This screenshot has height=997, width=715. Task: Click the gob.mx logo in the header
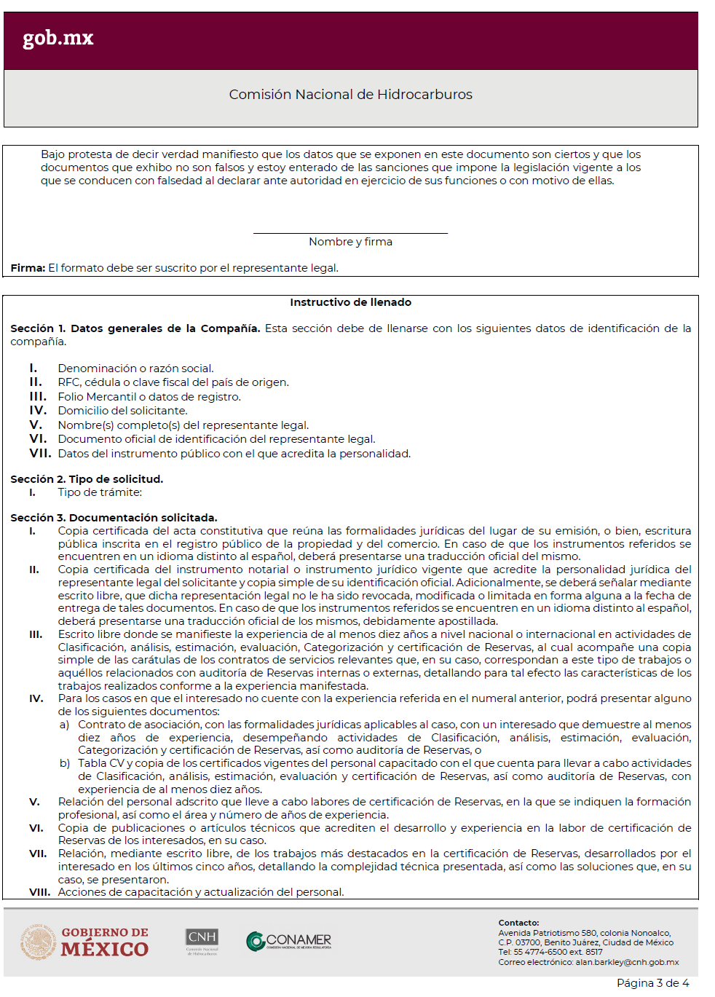tap(58, 38)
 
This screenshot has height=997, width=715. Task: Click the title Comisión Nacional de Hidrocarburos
tap(350, 95)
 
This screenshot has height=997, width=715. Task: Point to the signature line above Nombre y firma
tap(350, 233)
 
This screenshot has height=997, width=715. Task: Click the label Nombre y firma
tap(350, 242)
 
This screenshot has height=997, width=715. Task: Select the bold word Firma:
tap(28, 268)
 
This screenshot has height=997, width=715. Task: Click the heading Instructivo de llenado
tap(350, 302)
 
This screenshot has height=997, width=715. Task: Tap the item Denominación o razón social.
tap(135, 369)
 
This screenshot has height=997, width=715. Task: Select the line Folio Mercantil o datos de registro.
tap(149, 397)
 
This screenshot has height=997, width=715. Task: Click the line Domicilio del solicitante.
tap(122, 411)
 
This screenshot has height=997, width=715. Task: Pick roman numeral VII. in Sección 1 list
tap(40, 454)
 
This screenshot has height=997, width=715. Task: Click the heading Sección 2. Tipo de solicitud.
tap(87, 479)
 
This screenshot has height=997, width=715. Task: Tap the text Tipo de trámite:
tap(100, 492)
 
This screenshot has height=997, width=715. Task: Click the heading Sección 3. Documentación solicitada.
tap(114, 518)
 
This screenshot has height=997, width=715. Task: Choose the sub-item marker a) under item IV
tap(65, 725)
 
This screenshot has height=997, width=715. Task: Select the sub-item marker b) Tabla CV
tap(65, 763)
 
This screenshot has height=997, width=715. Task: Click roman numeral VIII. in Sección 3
tap(39, 892)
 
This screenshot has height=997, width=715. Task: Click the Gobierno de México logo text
tap(105, 942)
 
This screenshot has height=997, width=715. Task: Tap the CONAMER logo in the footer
tap(289, 941)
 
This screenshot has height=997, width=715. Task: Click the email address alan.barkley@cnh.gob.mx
tap(627, 962)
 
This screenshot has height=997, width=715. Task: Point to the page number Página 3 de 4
tap(652, 983)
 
